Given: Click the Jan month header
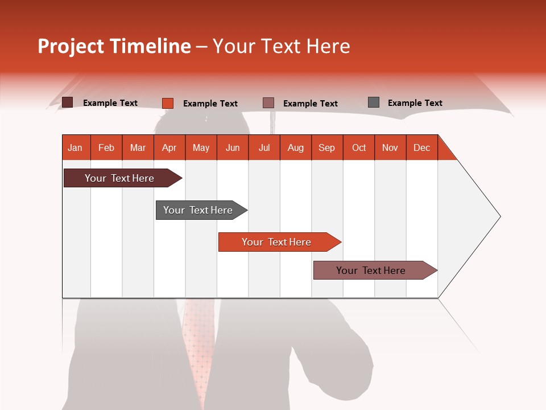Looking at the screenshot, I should [75, 147].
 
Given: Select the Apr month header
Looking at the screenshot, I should [169, 147].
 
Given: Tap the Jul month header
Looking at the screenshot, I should [264, 147].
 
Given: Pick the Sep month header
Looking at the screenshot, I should [326, 147].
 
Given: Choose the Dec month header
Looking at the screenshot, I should [421, 147].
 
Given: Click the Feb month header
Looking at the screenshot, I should [106, 147].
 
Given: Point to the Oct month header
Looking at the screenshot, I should [359, 147].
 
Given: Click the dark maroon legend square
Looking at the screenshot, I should [67, 102].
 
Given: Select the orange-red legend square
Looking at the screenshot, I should [167, 103].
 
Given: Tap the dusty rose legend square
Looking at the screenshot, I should [268, 103].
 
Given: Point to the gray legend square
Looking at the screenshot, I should [374, 102].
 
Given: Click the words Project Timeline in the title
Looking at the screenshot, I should [114, 46].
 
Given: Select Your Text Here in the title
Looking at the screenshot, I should [282, 46].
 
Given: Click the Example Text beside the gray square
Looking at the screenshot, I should [415, 103].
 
